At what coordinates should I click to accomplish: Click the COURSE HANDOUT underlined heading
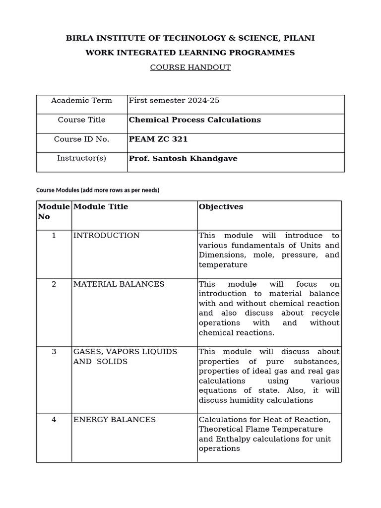point(190,67)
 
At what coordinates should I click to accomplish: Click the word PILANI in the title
point(298,38)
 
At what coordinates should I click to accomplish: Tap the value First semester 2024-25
point(174,101)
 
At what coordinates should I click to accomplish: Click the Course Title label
point(81,120)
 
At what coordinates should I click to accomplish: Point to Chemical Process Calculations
point(194,120)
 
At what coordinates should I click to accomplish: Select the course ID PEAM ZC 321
point(158,139)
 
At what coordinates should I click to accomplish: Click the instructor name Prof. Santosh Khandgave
point(183,159)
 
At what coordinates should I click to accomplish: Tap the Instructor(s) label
point(81,159)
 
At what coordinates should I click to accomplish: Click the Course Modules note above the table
point(98,190)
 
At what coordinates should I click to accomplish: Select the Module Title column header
point(101,207)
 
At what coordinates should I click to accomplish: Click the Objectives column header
point(221,207)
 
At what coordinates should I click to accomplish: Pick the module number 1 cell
point(54,236)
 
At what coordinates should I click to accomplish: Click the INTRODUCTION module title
point(107,236)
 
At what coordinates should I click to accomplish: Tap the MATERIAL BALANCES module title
point(119,284)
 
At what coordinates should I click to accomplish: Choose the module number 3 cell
point(54,352)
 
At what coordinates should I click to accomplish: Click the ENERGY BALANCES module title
point(115,420)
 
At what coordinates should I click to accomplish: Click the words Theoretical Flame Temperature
point(260,429)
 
